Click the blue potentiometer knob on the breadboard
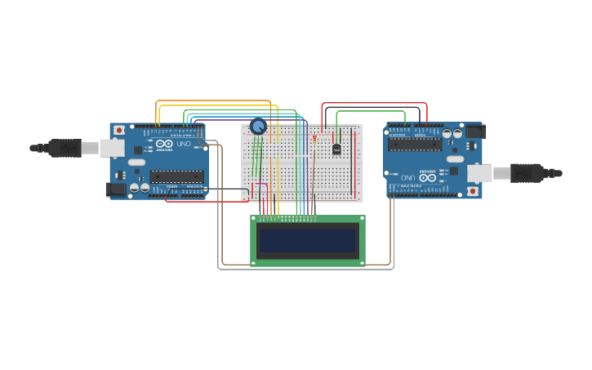(258, 126)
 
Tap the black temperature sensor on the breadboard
(336, 149)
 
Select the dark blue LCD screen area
(307, 241)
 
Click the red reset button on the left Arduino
(119, 130)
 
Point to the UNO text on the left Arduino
(184, 144)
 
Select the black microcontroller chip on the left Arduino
(176, 176)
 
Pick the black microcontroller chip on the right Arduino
(415, 145)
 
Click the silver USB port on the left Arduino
(111, 148)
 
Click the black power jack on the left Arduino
(116, 189)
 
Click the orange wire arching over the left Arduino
(212, 101)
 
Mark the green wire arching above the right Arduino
(372, 112)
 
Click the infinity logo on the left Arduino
(164, 144)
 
